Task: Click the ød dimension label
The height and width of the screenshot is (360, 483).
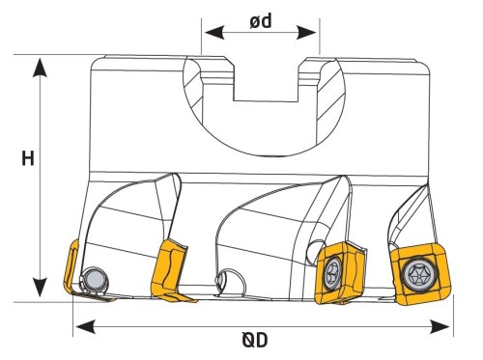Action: [261, 21]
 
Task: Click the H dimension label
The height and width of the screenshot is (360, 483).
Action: [28, 158]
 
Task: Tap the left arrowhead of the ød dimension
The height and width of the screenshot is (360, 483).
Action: [214, 33]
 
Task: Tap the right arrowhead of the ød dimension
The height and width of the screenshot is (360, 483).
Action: [306, 33]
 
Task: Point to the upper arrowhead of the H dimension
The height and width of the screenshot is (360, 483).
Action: [40, 68]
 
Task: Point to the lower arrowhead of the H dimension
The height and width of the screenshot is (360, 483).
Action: [40, 288]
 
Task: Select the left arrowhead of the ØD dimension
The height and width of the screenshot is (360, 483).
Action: [85, 327]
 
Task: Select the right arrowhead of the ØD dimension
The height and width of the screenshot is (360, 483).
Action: [440, 327]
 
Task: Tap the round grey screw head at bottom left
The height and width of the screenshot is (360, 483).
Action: [95, 279]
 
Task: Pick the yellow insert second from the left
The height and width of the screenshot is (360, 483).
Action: [170, 271]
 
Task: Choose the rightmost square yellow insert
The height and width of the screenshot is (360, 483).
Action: [419, 274]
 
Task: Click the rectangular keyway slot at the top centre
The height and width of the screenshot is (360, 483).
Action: [267, 79]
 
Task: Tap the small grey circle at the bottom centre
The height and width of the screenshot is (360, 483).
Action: [221, 278]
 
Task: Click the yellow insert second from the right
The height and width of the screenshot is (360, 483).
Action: [340, 272]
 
